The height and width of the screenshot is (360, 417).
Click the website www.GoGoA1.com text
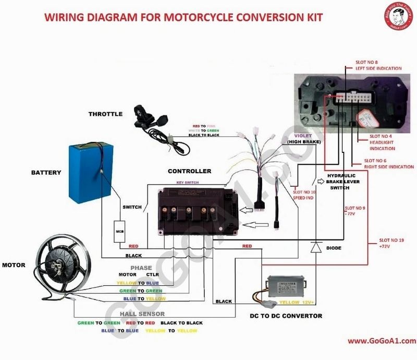coord(382,341)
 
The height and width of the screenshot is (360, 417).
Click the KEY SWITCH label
coord(188,183)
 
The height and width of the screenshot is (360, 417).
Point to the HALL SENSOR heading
coord(142,314)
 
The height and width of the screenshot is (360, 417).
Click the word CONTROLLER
coord(189,171)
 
